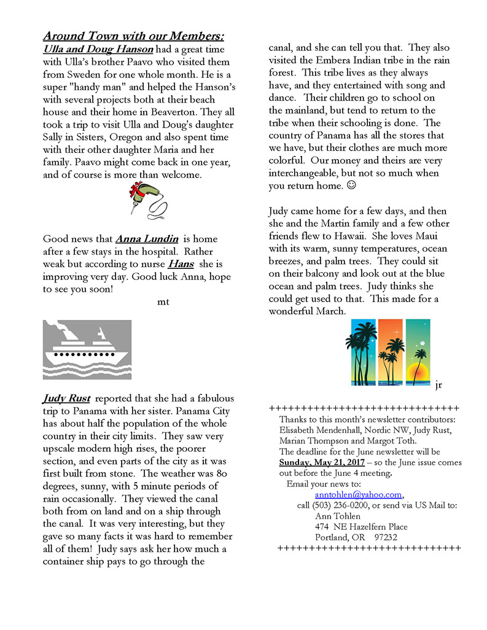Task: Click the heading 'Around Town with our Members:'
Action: (x=133, y=36)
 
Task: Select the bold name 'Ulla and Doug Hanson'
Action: (x=98, y=49)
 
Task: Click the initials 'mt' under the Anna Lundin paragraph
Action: (x=163, y=301)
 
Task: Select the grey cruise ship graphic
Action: (x=87, y=349)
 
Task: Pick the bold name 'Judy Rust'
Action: (x=67, y=399)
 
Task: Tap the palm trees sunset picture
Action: (x=387, y=352)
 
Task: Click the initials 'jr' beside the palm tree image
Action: (x=438, y=386)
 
